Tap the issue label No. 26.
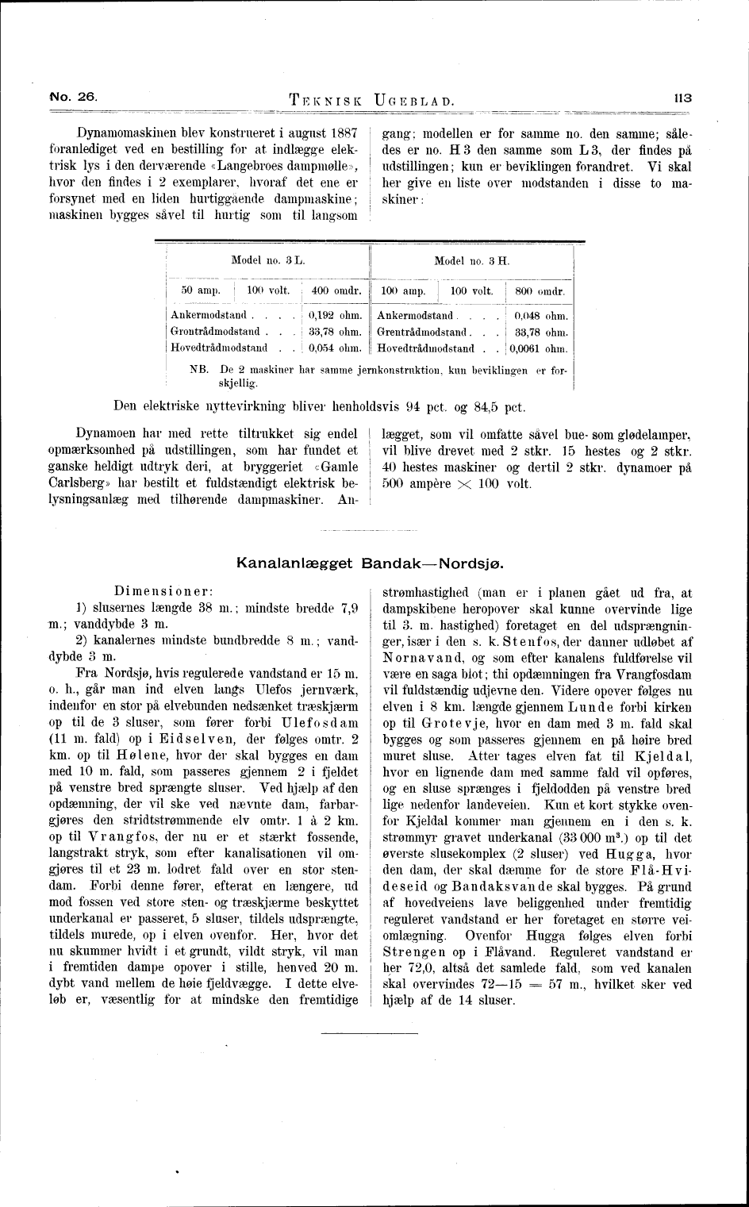point(72,97)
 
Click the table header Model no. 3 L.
point(268,260)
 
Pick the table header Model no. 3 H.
point(472,260)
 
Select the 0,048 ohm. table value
point(541,315)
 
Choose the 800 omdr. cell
point(540,291)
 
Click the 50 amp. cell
point(200,291)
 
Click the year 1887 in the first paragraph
point(342,131)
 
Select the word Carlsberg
point(78,483)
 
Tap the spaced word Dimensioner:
point(161,591)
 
